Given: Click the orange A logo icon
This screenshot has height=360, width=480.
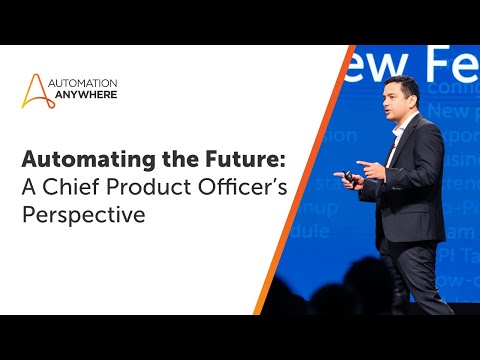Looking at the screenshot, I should (38, 89).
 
